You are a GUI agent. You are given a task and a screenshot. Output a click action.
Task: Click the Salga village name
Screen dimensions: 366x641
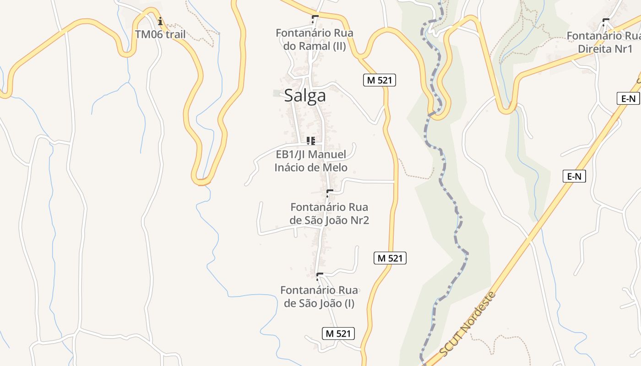pyautogui.click(x=305, y=96)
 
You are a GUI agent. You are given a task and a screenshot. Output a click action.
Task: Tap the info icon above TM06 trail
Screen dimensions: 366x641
pyautogui.click(x=160, y=22)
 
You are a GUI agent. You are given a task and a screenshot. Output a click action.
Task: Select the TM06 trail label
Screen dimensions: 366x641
pyautogui.click(x=160, y=34)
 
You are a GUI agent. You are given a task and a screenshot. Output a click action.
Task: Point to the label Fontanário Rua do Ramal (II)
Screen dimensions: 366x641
pyautogui.click(x=315, y=39)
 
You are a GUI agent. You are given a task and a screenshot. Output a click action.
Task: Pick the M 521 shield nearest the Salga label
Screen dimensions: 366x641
pyautogui.click(x=379, y=80)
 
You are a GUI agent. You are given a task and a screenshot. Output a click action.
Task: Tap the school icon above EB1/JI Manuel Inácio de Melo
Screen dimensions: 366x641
pyautogui.click(x=311, y=140)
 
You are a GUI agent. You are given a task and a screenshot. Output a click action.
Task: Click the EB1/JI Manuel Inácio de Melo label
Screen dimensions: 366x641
pyautogui.click(x=311, y=161)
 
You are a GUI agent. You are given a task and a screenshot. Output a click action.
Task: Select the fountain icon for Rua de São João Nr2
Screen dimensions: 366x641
pyautogui.click(x=329, y=193)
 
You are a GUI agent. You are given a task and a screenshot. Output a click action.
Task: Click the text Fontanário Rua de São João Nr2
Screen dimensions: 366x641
pyautogui.click(x=329, y=214)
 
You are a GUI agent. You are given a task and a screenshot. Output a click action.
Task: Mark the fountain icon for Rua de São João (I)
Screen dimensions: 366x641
pyautogui.click(x=320, y=276)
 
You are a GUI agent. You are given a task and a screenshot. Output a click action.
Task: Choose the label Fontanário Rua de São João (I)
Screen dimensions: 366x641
pyautogui.click(x=319, y=296)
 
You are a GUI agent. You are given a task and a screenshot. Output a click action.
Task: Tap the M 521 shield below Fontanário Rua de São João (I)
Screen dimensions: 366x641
pyautogui.click(x=338, y=334)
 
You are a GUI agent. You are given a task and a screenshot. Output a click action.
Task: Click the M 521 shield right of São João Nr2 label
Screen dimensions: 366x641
pyautogui.click(x=390, y=258)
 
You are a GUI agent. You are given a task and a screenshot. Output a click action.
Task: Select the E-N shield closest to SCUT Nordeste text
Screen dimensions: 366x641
pyautogui.click(x=574, y=176)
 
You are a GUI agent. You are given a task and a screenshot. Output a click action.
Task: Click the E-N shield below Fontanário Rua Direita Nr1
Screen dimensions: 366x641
pyautogui.click(x=628, y=98)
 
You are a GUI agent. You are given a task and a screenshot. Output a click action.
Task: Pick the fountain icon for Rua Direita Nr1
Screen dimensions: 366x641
pyautogui.click(x=606, y=22)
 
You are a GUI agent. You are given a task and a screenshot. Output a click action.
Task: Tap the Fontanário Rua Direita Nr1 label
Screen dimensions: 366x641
pyautogui.click(x=603, y=42)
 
